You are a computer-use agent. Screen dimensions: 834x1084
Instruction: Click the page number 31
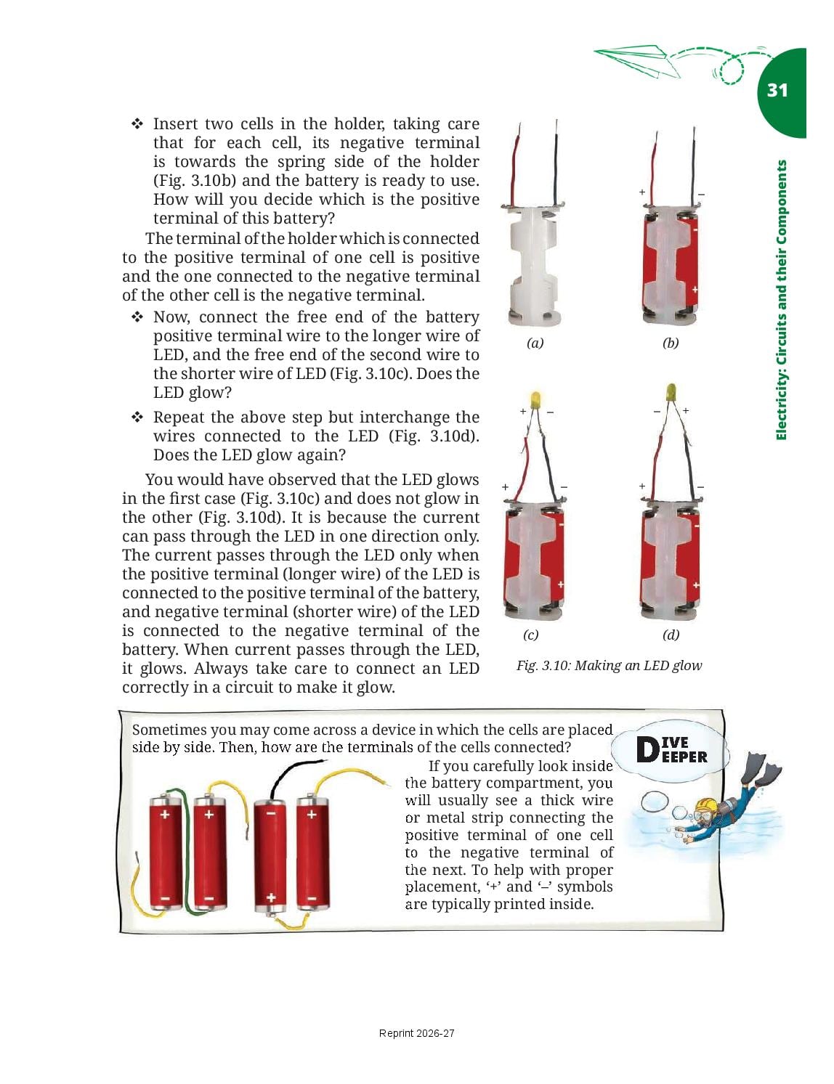coord(777,90)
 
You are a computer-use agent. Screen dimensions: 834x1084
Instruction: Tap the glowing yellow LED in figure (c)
coord(535,399)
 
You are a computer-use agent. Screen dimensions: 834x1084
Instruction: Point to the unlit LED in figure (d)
coord(671,391)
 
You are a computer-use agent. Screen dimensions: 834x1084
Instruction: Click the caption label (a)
coord(535,343)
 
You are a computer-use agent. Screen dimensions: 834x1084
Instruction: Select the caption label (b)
coord(671,343)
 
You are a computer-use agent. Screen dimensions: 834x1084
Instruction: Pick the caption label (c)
coord(530,635)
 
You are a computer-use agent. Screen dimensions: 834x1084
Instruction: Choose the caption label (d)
coord(671,635)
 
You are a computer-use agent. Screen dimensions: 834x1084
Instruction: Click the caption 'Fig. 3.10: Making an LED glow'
coord(609,666)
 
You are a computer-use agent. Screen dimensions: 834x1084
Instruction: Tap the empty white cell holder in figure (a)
coord(533,264)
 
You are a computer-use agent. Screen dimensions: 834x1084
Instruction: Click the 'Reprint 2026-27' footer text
coord(417,1033)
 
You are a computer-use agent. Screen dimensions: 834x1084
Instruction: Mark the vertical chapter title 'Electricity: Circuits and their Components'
coord(782,300)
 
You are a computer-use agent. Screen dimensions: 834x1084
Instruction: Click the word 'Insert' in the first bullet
coord(176,123)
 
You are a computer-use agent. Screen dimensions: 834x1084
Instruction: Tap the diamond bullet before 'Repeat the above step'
coord(137,417)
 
